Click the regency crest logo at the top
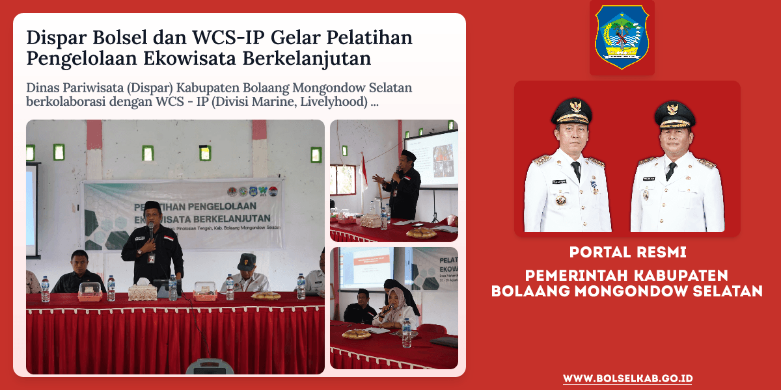[622, 37]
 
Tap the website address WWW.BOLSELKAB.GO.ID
[627, 378]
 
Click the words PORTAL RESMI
[627, 251]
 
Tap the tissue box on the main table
[143, 292]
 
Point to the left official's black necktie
[575, 172]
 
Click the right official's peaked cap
[675, 114]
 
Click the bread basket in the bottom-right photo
[356, 334]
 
